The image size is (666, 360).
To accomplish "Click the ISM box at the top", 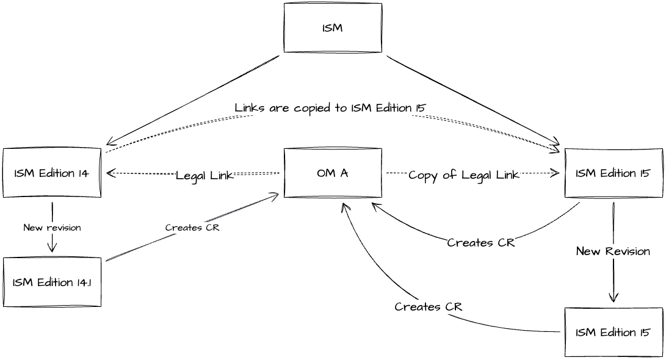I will coord(333,28).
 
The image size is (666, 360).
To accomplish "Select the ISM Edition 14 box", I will coord(52,173).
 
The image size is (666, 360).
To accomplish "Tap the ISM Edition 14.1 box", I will coord(52,282).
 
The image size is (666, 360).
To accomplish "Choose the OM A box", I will coord(333,173).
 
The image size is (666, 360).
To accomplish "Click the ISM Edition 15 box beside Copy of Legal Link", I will coord(613,173).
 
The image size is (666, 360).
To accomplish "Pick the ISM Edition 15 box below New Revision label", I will coord(613,333).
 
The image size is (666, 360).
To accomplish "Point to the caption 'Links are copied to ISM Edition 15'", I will coord(330,108).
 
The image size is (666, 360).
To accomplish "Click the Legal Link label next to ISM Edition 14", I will coord(205,176).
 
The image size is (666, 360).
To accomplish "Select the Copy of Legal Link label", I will coord(464,175).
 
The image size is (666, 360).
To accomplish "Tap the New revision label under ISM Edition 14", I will coord(52,228).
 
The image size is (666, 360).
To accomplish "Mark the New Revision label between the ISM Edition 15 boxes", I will coord(613,251).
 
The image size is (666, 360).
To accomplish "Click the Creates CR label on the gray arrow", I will coord(192,228).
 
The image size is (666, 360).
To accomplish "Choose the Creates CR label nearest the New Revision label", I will coord(481,243).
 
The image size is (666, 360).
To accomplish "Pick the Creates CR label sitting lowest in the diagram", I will coord(429,306).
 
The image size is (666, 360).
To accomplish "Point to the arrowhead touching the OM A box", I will coord(277,195).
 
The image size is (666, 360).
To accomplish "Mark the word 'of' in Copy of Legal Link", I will coord(450,175).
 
